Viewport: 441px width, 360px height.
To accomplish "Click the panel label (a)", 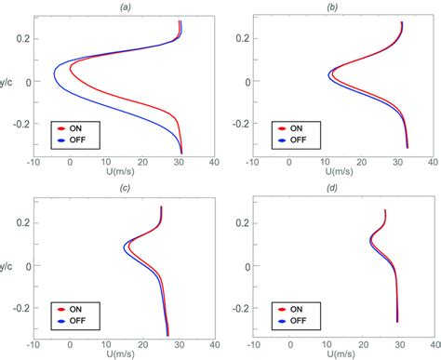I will point(125,7).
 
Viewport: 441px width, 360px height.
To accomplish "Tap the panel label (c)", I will point(125,190).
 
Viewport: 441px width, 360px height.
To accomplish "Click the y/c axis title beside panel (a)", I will point(7,82).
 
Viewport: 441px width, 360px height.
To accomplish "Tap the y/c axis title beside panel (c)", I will point(7,265).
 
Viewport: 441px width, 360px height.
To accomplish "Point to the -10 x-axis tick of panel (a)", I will point(35,161).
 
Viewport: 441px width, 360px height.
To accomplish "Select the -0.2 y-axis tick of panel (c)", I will point(20,307).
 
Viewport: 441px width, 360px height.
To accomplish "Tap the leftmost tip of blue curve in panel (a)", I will point(53,70).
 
